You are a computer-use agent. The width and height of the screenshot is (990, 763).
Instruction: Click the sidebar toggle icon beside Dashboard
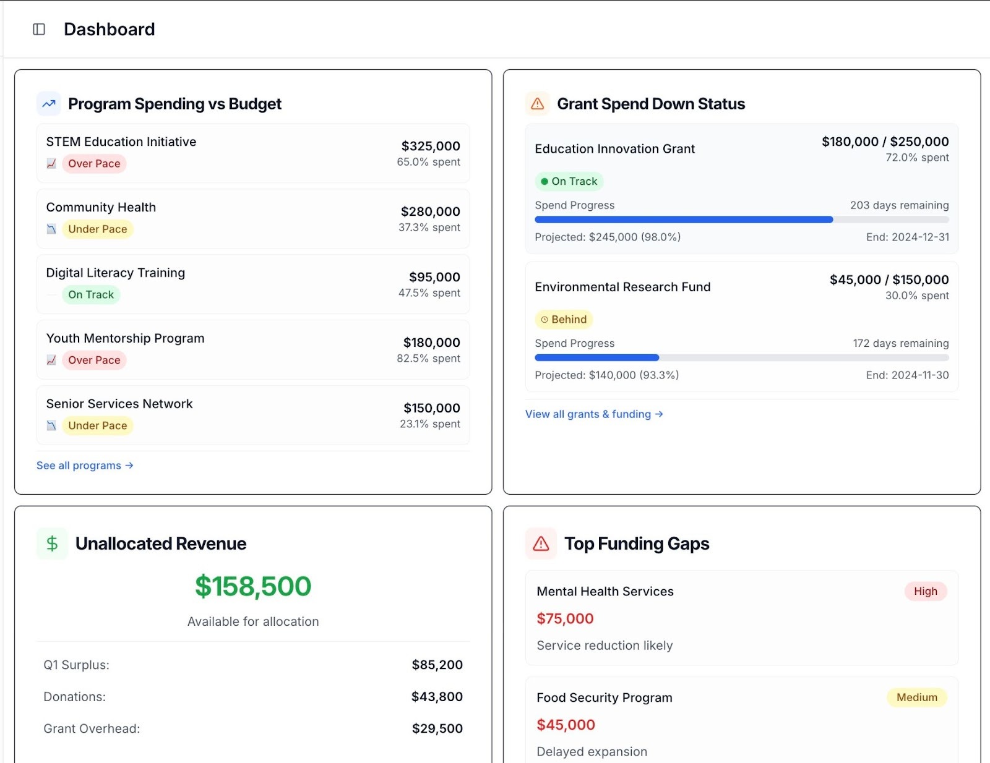39,29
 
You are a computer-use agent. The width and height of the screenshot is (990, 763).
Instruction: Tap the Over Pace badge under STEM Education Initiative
94,164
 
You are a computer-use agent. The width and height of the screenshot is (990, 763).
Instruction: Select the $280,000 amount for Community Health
430,211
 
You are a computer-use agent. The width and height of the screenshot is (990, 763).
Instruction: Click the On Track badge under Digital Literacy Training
91,295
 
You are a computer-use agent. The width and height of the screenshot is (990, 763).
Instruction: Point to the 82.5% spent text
428,359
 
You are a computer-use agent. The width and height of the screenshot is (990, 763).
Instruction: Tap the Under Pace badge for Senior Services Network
97,426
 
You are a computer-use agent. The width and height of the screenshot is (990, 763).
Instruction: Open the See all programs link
85,466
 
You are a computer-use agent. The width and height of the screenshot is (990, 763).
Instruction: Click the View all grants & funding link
594,414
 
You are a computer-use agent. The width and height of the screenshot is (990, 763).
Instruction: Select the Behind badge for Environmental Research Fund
564,320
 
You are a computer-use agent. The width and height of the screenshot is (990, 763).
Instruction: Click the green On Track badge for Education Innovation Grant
569,182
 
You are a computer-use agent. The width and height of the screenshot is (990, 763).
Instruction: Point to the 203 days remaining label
899,205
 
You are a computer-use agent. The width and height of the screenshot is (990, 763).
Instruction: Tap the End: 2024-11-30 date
907,375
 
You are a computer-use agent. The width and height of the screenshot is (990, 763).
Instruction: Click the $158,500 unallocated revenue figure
253,587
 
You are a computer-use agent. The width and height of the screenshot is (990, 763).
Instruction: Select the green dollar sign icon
52,543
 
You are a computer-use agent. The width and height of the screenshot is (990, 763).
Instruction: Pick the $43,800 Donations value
437,697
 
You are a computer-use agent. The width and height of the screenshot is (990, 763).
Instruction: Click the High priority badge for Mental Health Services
925,591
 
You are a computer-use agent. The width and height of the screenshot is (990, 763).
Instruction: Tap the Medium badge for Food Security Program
916,697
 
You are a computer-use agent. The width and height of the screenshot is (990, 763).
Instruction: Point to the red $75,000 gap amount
565,619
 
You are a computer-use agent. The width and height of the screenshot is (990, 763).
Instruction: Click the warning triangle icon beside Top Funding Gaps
541,543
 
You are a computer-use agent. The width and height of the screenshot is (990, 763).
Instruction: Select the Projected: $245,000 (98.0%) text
608,237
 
